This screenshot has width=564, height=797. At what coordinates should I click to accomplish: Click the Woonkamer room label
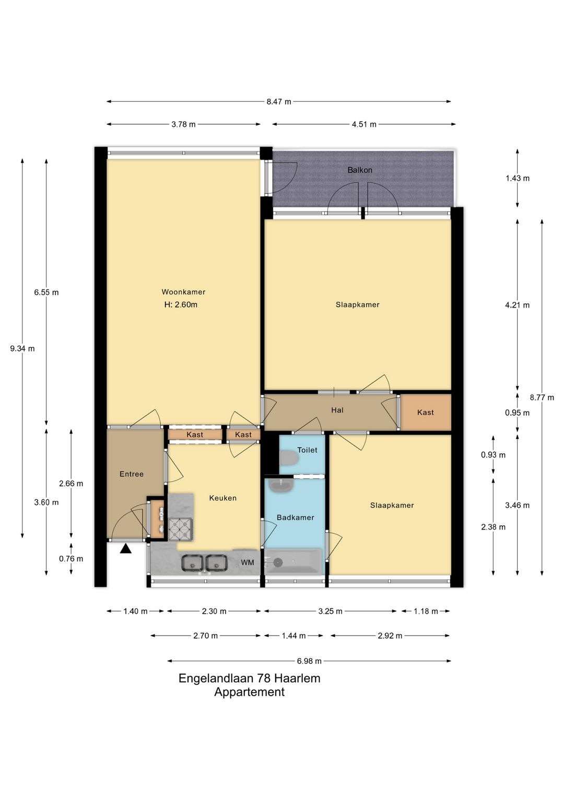pos(183,292)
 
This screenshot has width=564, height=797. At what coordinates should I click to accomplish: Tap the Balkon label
pos(360,170)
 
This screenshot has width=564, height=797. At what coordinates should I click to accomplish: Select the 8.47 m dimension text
pos(279,102)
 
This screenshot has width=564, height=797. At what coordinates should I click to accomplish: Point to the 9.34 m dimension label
pos(22,349)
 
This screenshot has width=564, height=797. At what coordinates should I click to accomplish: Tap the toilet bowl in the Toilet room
pos(289,458)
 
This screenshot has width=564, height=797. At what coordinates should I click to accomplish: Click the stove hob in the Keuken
pos(181,529)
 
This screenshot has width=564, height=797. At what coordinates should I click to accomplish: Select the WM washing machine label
pos(248,562)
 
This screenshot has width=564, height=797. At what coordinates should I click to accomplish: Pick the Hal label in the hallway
pos(337,410)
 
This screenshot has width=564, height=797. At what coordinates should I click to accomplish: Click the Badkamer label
pos(296,518)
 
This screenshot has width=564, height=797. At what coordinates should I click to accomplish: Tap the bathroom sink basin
pos(281,485)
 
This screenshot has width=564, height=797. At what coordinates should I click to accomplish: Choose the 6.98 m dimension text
pos(309,661)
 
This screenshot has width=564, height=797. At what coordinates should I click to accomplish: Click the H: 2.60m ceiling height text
pos(181,304)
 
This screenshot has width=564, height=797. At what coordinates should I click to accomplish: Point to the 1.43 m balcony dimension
pos(518,178)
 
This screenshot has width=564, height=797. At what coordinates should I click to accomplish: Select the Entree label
pos(132,474)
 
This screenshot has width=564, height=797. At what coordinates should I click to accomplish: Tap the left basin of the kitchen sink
pos(192,562)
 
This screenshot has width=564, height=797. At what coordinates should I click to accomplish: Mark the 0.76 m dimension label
pos(71,559)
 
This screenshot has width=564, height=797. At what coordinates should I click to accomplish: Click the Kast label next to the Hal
pos(426,413)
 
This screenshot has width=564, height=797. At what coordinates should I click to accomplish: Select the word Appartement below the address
pos(250,692)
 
